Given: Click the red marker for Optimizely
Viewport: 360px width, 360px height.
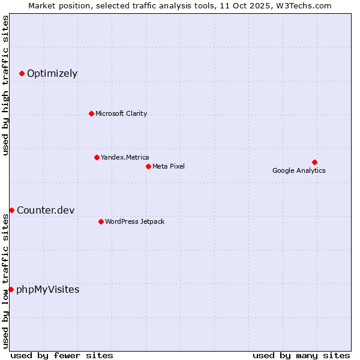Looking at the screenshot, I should coord(22,73).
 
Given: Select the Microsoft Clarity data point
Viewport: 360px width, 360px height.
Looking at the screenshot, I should coord(91,113).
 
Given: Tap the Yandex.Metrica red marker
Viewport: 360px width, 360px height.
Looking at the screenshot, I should coord(97,157).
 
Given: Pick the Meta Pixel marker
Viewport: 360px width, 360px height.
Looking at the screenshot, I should coord(148,166).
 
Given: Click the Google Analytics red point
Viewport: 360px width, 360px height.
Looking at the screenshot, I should coord(314,162).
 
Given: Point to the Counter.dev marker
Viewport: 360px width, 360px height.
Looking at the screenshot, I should coord(11,210).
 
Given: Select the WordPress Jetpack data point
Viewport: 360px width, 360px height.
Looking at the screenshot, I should coord(101,221).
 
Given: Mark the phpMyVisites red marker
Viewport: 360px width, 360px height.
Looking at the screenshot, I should coord(11,289).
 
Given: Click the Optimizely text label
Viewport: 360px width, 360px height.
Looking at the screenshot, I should coord(52,74).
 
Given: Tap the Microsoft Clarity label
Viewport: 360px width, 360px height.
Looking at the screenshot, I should coord(121,113).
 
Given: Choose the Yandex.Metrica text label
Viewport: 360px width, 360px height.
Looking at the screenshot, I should coord(125,157).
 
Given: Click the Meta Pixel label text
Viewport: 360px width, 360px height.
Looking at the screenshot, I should coord(169,166).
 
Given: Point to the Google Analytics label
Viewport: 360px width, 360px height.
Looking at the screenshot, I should coord(299,170).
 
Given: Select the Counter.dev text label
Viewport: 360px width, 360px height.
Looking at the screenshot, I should coord(46,210).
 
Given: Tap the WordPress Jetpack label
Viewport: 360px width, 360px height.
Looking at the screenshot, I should coord(134,221).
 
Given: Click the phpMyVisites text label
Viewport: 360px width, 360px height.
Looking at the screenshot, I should coord(47,290).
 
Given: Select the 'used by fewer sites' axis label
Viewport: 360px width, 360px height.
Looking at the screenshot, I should coord(62,355).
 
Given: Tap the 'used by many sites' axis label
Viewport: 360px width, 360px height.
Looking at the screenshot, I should coord(301,355).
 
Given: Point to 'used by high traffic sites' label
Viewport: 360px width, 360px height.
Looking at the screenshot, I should coord(5,86).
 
